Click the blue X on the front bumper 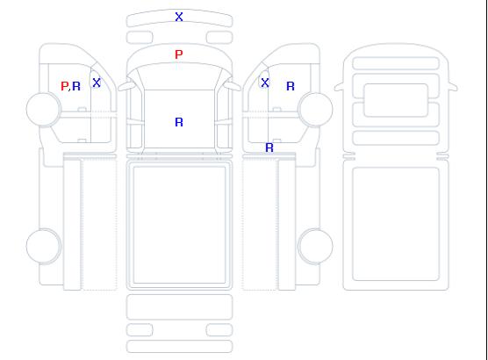179,17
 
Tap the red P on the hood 179,54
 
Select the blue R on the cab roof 179,122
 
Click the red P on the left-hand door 64,86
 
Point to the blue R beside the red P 76,86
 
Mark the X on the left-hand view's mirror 97,83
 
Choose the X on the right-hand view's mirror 265,83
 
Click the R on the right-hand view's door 291,86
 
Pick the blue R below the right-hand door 269,148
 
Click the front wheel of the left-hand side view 44,109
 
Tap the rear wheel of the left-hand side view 44,246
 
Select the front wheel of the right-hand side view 315,109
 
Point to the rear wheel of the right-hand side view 315,246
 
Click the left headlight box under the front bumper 140,38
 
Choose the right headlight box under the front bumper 219,38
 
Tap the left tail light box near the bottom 140,330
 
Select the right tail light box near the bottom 219,330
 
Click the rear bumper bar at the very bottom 179,347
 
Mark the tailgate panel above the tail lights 179,307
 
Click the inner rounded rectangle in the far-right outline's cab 396,100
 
